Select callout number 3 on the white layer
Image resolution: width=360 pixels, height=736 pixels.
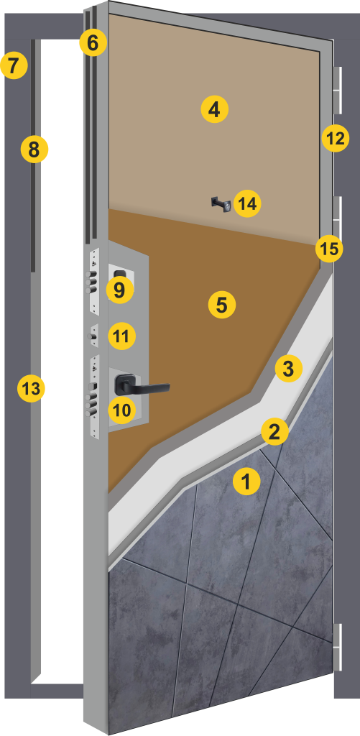[288, 369]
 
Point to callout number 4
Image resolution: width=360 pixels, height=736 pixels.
[215, 110]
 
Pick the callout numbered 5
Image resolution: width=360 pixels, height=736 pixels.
[221, 305]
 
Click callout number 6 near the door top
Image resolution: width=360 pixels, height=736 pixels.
[93, 44]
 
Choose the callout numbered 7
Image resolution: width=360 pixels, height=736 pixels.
[14, 65]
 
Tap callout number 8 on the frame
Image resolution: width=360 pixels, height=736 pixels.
[34, 149]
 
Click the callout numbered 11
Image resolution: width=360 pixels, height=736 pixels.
[121, 336]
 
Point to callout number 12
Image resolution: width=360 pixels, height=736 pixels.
[336, 139]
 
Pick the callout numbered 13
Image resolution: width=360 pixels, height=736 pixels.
[31, 389]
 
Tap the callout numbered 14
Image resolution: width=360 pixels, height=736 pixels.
[247, 203]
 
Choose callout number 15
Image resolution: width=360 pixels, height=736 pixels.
[329, 248]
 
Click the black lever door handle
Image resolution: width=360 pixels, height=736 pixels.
[141, 385]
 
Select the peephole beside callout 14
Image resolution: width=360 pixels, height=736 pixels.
[221, 204]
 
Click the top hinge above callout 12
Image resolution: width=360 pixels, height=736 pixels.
[338, 90]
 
